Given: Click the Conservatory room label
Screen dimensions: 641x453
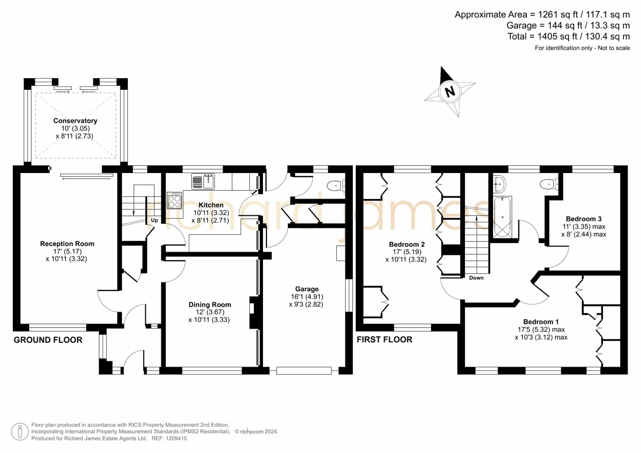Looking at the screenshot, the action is (x=75, y=121).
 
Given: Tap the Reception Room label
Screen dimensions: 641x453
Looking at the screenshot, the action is (x=67, y=244).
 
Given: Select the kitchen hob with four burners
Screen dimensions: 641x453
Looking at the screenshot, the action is (x=174, y=200).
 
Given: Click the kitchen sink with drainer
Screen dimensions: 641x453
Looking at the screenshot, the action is (x=203, y=181).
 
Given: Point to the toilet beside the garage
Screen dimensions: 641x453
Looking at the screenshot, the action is (x=336, y=185).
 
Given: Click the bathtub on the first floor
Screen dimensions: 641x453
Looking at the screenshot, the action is (x=503, y=217).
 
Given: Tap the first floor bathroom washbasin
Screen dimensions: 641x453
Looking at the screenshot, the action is (x=499, y=184).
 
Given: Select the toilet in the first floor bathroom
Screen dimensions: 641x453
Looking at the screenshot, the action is (x=549, y=184).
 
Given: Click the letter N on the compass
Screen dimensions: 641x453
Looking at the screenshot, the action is (x=450, y=91).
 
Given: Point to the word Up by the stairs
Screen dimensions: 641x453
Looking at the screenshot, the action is (x=154, y=220).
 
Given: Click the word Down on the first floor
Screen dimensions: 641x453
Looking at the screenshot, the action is (x=476, y=278).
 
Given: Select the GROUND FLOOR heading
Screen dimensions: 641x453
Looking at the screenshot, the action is (x=48, y=340).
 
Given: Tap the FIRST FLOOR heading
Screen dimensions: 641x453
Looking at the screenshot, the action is (x=384, y=340).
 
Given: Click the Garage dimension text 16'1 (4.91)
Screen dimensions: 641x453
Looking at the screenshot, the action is (x=307, y=296).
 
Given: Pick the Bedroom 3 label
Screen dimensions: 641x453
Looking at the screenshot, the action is (x=584, y=219).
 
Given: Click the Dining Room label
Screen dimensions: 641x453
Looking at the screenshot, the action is (x=210, y=304).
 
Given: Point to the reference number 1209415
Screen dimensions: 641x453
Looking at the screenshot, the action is (x=176, y=439).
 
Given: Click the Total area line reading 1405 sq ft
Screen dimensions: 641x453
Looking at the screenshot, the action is (x=568, y=36).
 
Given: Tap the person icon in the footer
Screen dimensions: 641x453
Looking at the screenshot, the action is (x=20, y=431).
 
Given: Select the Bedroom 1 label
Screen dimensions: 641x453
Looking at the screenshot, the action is (x=541, y=322).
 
